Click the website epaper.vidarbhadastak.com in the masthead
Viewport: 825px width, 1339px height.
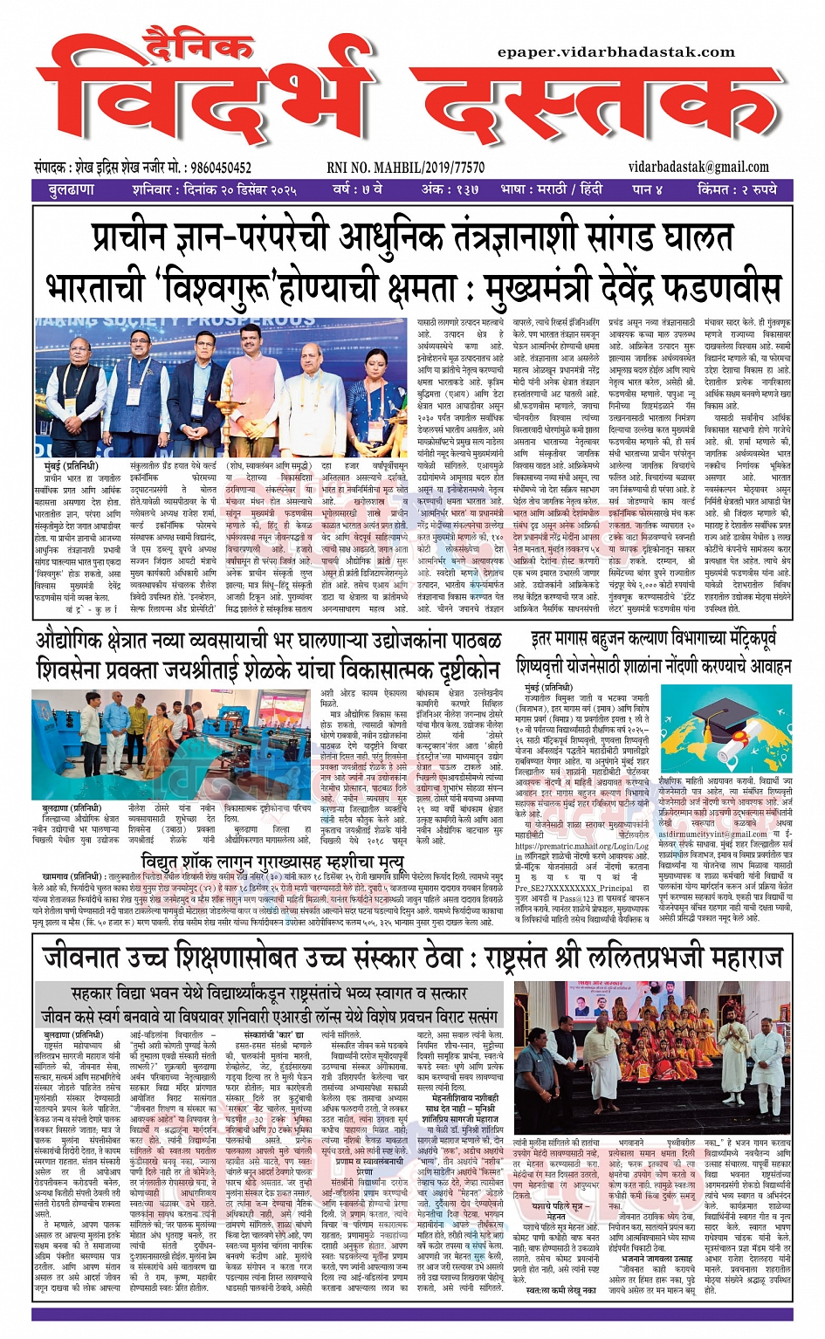coord(616,52)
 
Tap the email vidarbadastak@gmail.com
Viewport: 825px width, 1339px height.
coord(698,167)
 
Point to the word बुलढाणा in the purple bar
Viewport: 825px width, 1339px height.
coord(72,189)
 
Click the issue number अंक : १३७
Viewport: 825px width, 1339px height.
coord(450,189)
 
